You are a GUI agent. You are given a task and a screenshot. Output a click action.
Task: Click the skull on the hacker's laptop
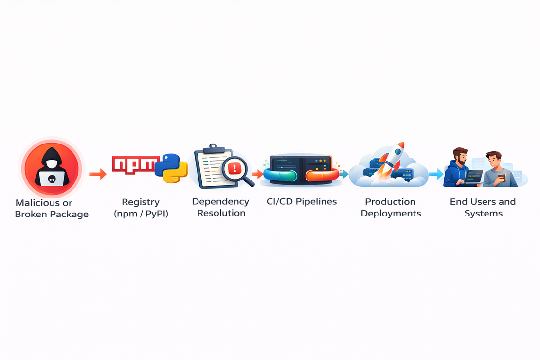pyautogui.click(x=52, y=179)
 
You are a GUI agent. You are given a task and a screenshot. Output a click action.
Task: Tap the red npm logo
pyautogui.click(x=135, y=164)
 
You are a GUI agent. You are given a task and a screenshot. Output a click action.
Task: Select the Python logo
pyautogui.click(x=171, y=168)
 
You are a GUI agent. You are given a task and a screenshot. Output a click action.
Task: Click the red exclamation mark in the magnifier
pyautogui.click(x=235, y=168)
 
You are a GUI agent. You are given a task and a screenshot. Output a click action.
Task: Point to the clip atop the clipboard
pyautogui.click(x=214, y=148)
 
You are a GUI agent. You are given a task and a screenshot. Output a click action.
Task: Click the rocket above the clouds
pyautogui.click(x=392, y=159)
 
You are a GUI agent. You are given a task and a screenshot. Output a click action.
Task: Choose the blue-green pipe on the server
pyautogui.click(x=280, y=175)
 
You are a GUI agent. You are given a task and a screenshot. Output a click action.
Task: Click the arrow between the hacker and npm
pyautogui.click(x=98, y=174)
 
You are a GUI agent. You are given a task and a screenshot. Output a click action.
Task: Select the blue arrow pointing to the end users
pyautogui.click(x=436, y=174)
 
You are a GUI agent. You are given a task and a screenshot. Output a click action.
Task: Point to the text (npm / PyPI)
pyautogui.click(x=141, y=214)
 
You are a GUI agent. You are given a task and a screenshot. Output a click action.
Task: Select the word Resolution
pyautogui.click(x=221, y=213)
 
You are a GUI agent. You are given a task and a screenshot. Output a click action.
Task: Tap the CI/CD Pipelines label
pyautogui.click(x=301, y=201)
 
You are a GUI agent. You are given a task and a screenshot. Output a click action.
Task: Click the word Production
pyautogui.click(x=390, y=202)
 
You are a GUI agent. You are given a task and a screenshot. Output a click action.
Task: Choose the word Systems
pyautogui.click(x=483, y=213)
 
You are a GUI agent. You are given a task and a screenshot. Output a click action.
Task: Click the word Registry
pyautogui.click(x=141, y=202)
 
